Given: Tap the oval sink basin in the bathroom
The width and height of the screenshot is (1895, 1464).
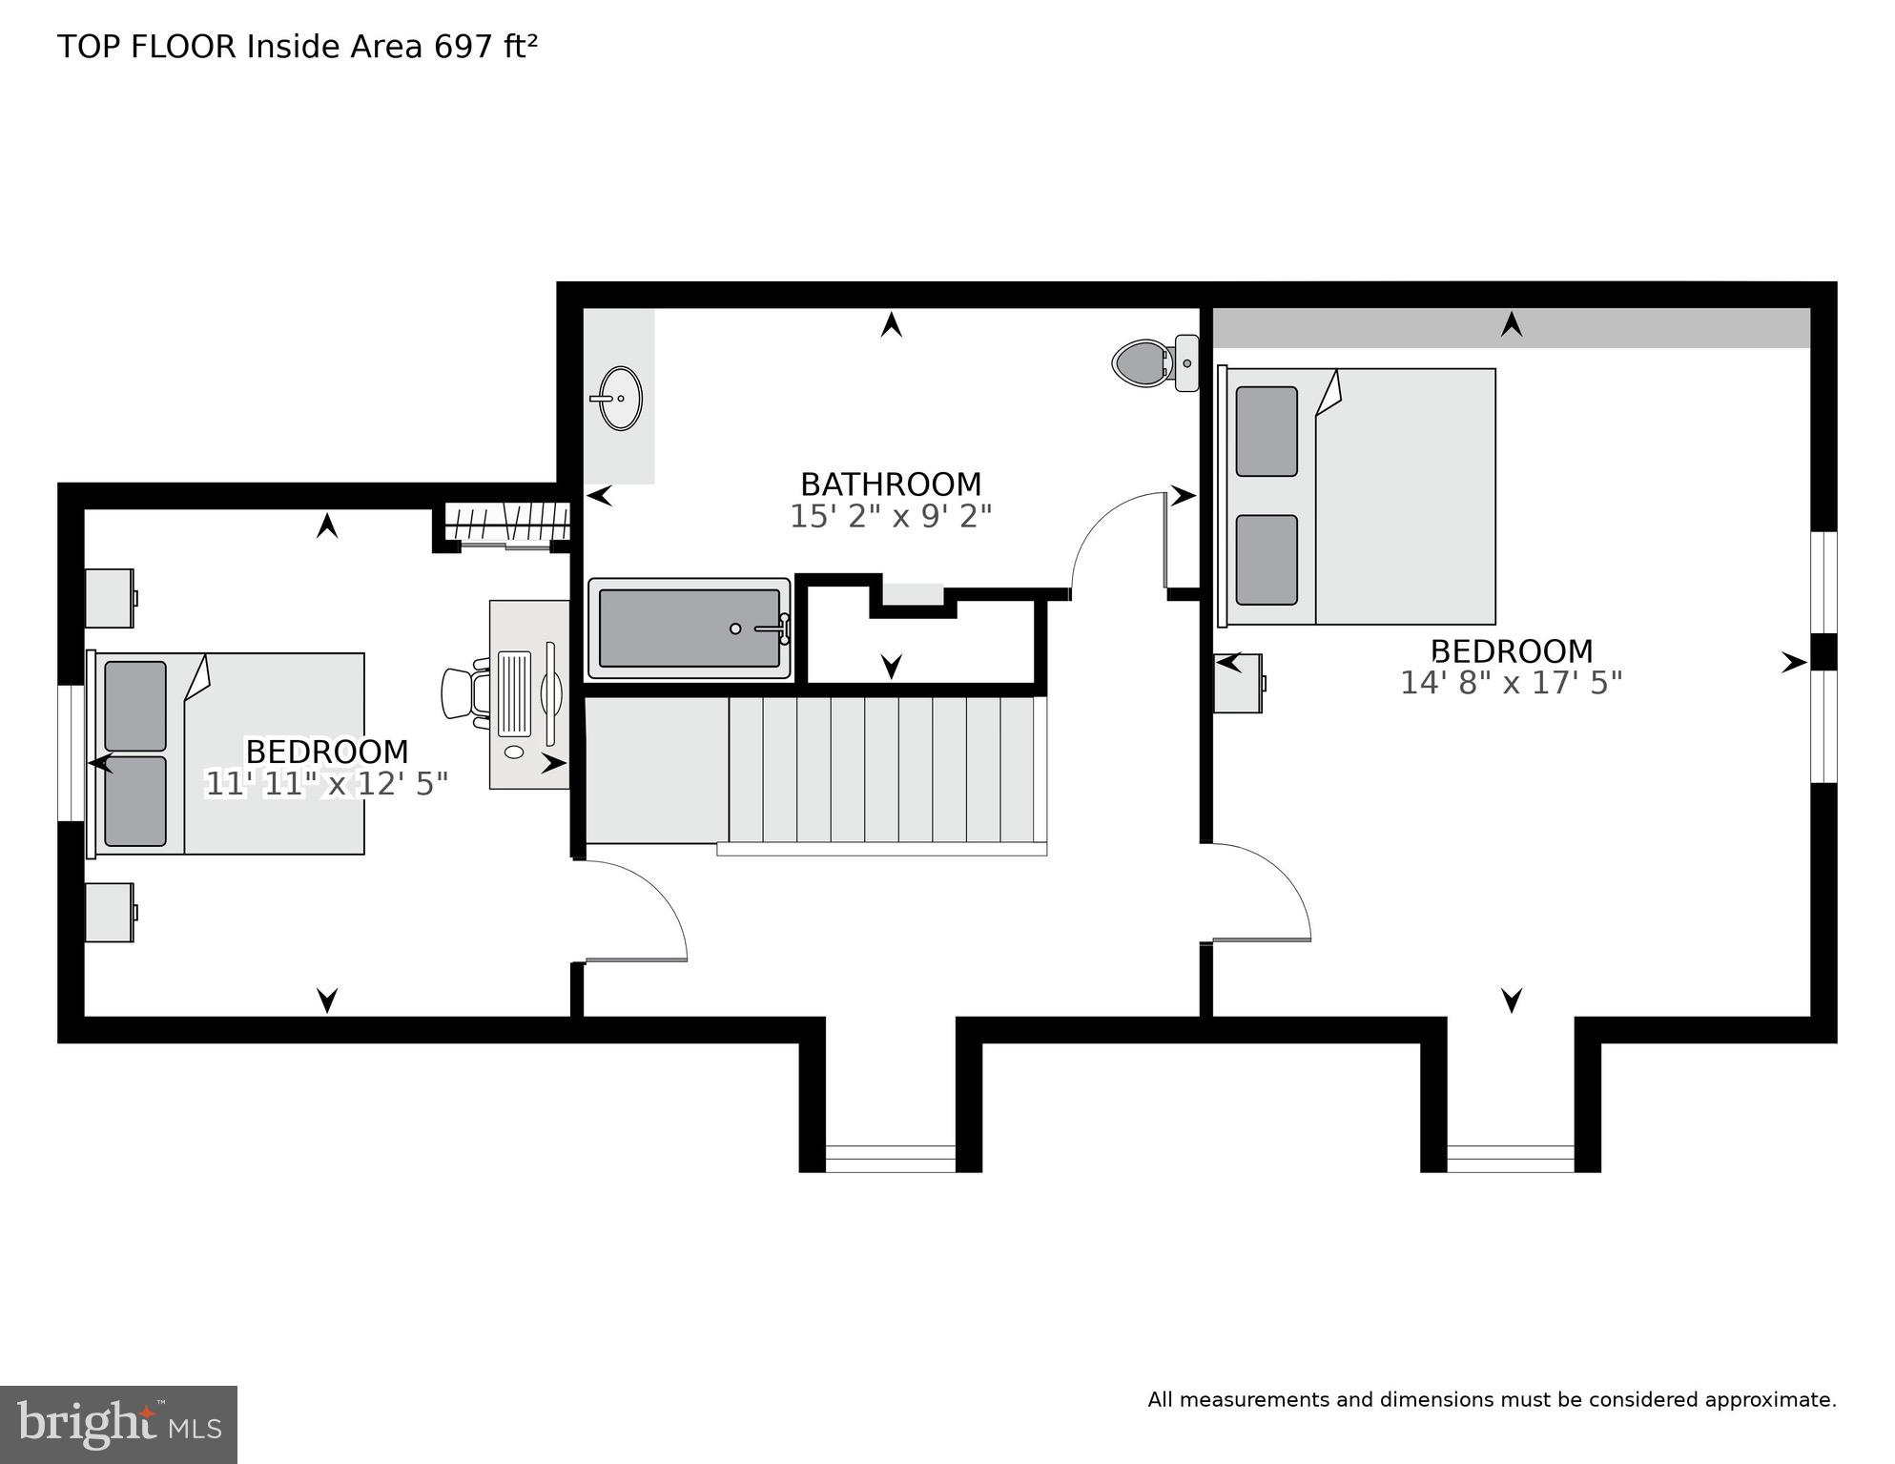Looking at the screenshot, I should tap(621, 399).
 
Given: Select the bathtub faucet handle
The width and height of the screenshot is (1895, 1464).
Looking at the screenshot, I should tap(774, 629).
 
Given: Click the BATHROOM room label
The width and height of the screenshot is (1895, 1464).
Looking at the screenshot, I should tap(891, 485).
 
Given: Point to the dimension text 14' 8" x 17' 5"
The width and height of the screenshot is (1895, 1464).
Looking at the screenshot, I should tap(1511, 683).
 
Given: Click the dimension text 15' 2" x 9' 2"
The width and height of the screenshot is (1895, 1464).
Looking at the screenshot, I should tap(891, 516).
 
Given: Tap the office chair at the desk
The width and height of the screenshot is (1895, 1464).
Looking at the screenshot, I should tap(464, 693).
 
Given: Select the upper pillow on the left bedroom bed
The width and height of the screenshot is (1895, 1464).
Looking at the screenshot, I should tap(135, 706).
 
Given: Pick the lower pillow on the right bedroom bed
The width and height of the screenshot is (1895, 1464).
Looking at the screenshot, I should tap(1267, 560).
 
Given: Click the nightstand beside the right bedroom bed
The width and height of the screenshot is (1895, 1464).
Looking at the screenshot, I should tap(1239, 683).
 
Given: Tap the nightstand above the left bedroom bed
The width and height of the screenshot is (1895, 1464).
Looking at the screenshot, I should tap(110, 598).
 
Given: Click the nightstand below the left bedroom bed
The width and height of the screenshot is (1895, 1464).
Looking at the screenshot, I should tap(110, 913).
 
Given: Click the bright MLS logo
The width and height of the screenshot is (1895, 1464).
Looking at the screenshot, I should tap(118, 1424).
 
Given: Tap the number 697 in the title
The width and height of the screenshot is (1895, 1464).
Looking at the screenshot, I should tap(464, 46).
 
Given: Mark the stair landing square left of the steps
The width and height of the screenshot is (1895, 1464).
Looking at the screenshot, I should tap(656, 770).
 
